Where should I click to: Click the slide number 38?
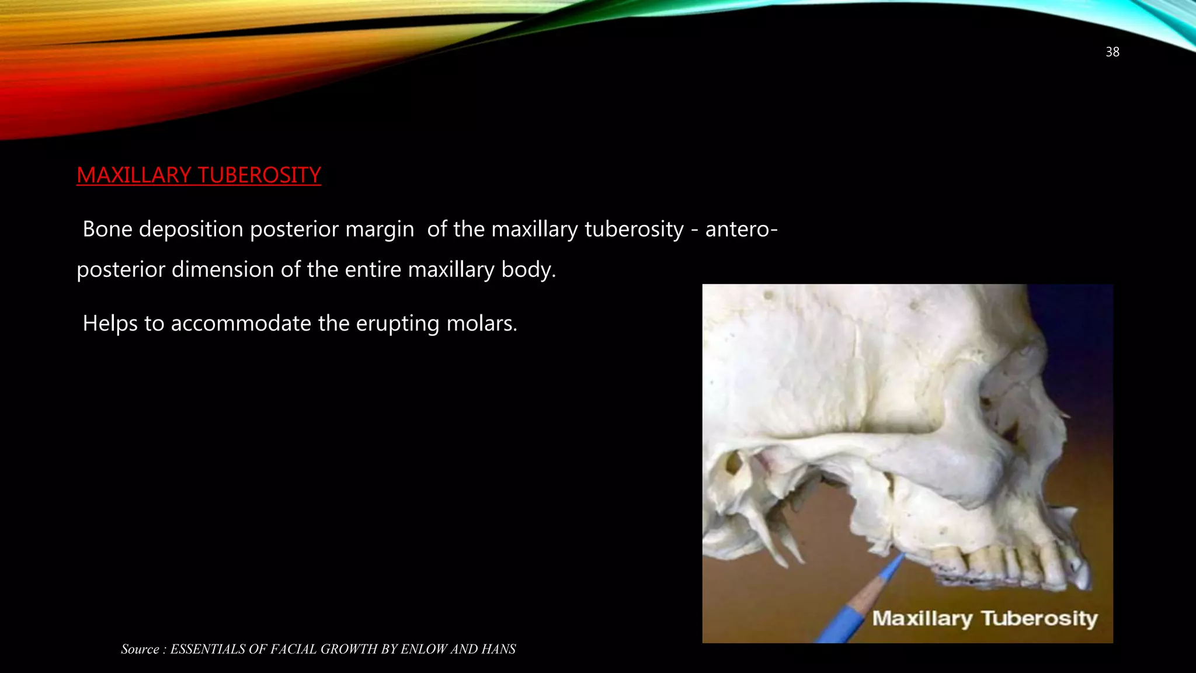coord(1112,52)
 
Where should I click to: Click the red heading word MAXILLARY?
coord(134,175)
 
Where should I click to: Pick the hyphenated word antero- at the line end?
coord(741,229)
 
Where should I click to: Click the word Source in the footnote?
coord(140,649)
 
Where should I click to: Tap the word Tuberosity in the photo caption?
coord(1039,618)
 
